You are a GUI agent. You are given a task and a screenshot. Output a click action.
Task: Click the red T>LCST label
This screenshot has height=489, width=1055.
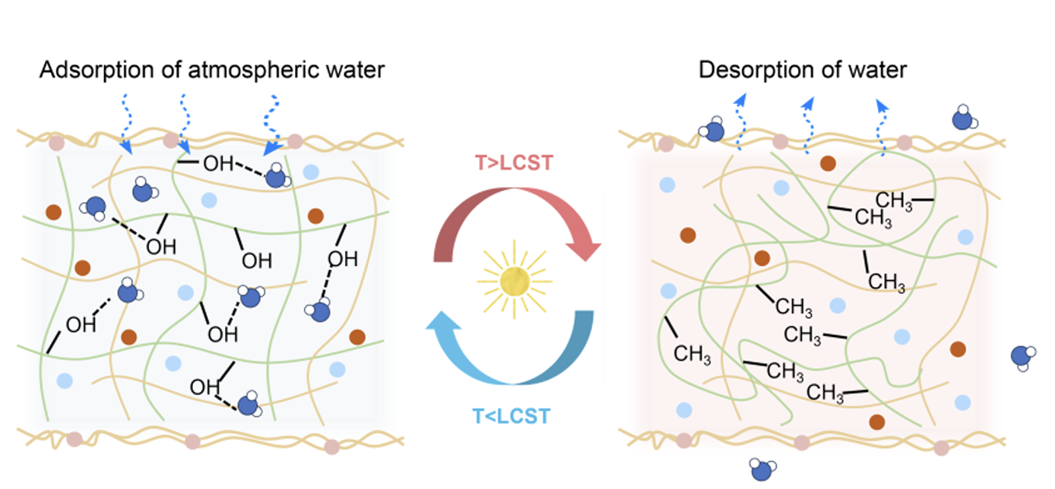click(513, 162)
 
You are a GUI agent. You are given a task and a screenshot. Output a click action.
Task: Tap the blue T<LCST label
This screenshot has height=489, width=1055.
click(511, 416)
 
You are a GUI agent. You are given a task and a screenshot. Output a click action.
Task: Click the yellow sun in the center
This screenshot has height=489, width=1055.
click(515, 281)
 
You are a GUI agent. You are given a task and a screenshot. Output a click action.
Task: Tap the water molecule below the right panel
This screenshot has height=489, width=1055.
click(762, 468)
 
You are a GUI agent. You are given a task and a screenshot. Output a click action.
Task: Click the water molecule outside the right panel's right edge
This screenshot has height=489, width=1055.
click(1023, 357)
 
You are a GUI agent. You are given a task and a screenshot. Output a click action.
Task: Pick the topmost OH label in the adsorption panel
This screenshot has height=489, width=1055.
click(219, 163)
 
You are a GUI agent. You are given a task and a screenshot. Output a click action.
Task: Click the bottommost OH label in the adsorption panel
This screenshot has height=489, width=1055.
click(205, 386)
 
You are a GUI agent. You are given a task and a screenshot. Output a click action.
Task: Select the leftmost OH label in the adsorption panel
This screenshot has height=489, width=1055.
click(81, 324)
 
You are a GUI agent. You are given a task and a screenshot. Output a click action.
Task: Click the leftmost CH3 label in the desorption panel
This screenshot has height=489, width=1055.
click(692, 354)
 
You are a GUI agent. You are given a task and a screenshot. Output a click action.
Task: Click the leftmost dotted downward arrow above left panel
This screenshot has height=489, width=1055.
click(126, 123)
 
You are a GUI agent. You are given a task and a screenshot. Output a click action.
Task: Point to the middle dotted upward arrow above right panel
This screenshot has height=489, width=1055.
click(808, 125)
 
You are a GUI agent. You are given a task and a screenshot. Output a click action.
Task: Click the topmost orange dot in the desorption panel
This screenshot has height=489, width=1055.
click(828, 163)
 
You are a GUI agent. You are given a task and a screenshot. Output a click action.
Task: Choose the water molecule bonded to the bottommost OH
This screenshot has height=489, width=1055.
click(249, 405)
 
